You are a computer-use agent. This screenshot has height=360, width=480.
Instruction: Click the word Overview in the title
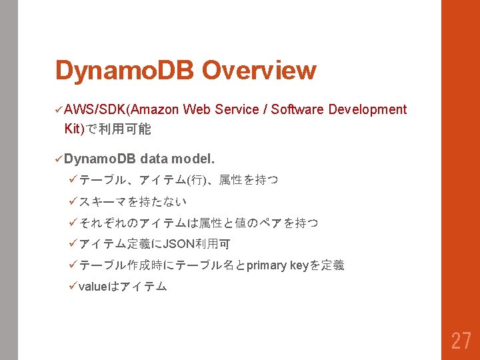[x=259, y=70]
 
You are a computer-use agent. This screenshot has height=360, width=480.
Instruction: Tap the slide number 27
[x=461, y=341]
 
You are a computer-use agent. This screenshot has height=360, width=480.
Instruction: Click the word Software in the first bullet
[x=297, y=109]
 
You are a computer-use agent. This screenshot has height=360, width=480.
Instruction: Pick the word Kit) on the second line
[x=74, y=129]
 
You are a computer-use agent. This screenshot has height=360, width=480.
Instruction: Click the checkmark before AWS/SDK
[x=59, y=109]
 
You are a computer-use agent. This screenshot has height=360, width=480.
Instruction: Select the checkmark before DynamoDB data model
[x=59, y=159]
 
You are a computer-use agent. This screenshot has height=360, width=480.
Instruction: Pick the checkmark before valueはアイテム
[x=73, y=286]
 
